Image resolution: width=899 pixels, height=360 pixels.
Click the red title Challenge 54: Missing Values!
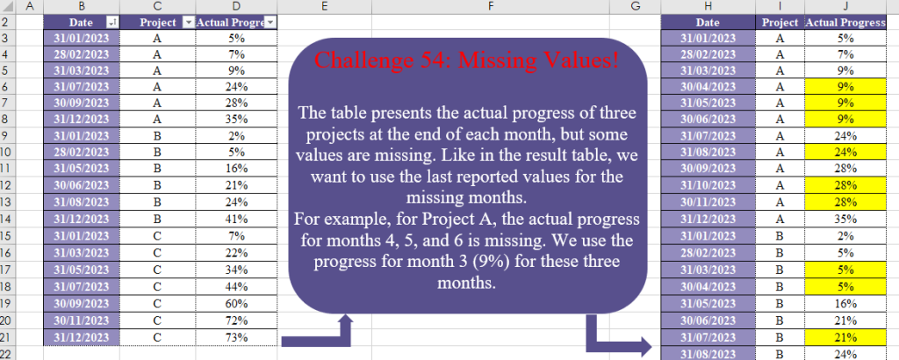tap(466, 61)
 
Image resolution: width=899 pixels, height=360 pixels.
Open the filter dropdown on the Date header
tap(111, 23)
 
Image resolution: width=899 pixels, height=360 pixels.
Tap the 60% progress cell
tap(234, 303)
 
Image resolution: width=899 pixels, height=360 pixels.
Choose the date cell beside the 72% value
tap(81, 320)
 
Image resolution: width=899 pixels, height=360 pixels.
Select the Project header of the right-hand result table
tap(779, 23)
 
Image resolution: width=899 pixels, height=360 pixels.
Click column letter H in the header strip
tap(707, 6)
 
